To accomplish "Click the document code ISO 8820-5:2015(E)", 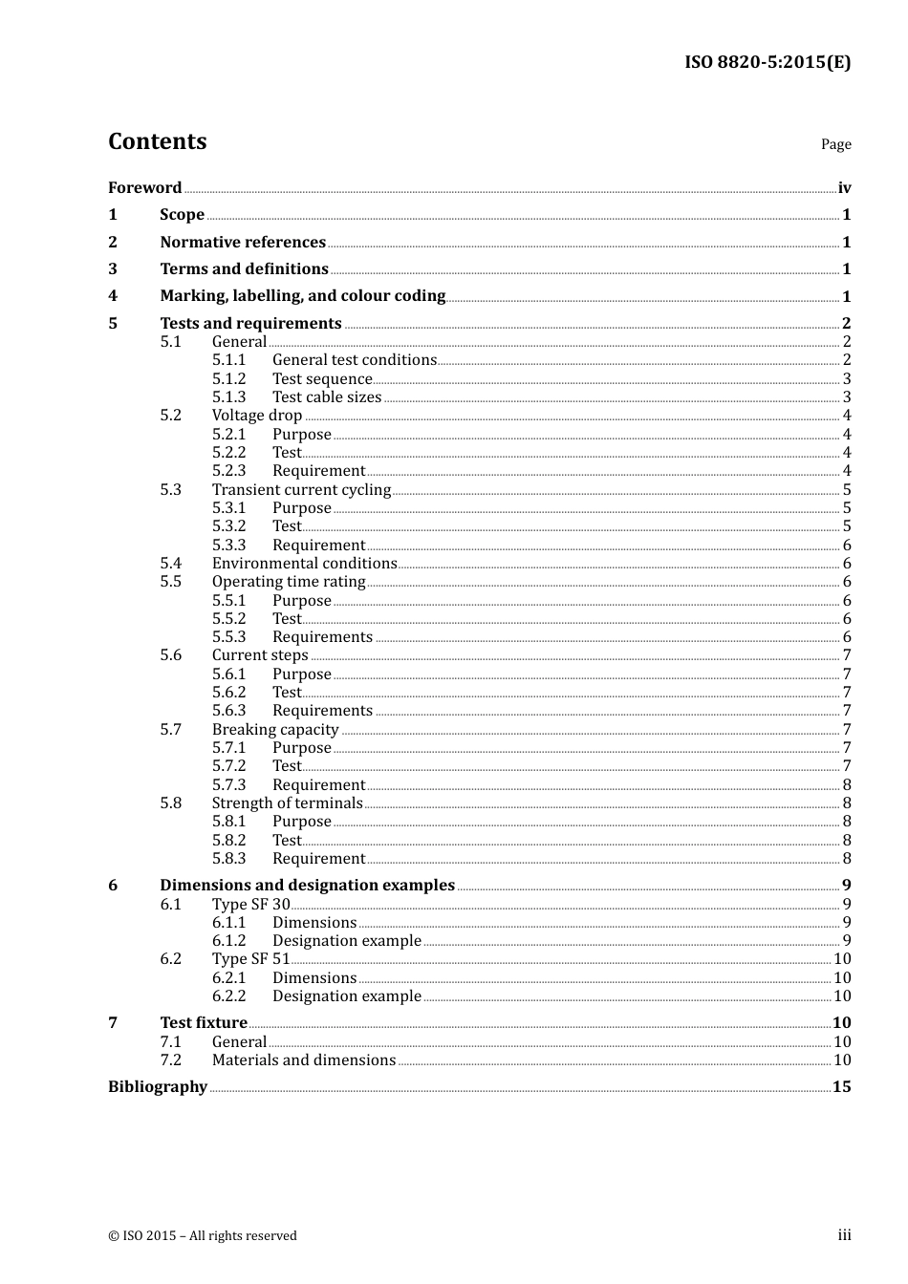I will pos(767,62).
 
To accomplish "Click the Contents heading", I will pos(157,141).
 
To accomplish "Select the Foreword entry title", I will pos(144,187).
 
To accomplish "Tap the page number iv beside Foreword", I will pos(844,188).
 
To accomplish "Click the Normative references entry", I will pos(243,242).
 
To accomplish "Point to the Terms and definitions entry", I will pos(244,268).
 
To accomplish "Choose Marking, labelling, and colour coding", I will pos(302,296).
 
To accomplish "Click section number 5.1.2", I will pos(228,378).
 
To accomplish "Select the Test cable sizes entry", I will pos(326,396).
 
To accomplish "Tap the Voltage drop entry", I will pos(256,415).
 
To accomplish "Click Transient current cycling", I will pos(301,489).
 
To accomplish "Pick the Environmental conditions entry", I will pos(304,563).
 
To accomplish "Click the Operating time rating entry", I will pos(289,581).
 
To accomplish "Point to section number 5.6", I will pos(170,654).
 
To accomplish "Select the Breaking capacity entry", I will pos(275,729).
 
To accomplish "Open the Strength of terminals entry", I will pos(287,802).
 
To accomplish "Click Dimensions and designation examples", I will pos(307,885).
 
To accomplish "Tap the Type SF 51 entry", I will pos(250,958).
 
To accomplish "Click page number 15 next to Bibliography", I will pos(841,1086).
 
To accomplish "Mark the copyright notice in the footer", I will pos(203,1235).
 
